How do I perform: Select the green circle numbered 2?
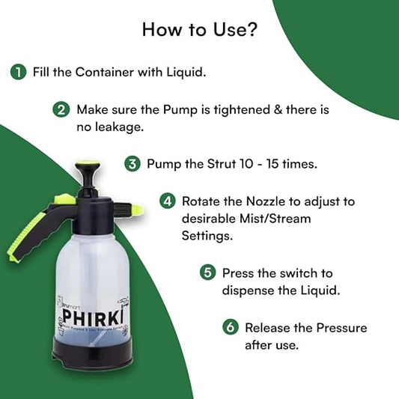click(61, 109)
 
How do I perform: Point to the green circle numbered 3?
click(132, 163)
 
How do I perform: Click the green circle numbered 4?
click(168, 202)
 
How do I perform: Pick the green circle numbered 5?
click(207, 272)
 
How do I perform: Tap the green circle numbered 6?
click(231, 327)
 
